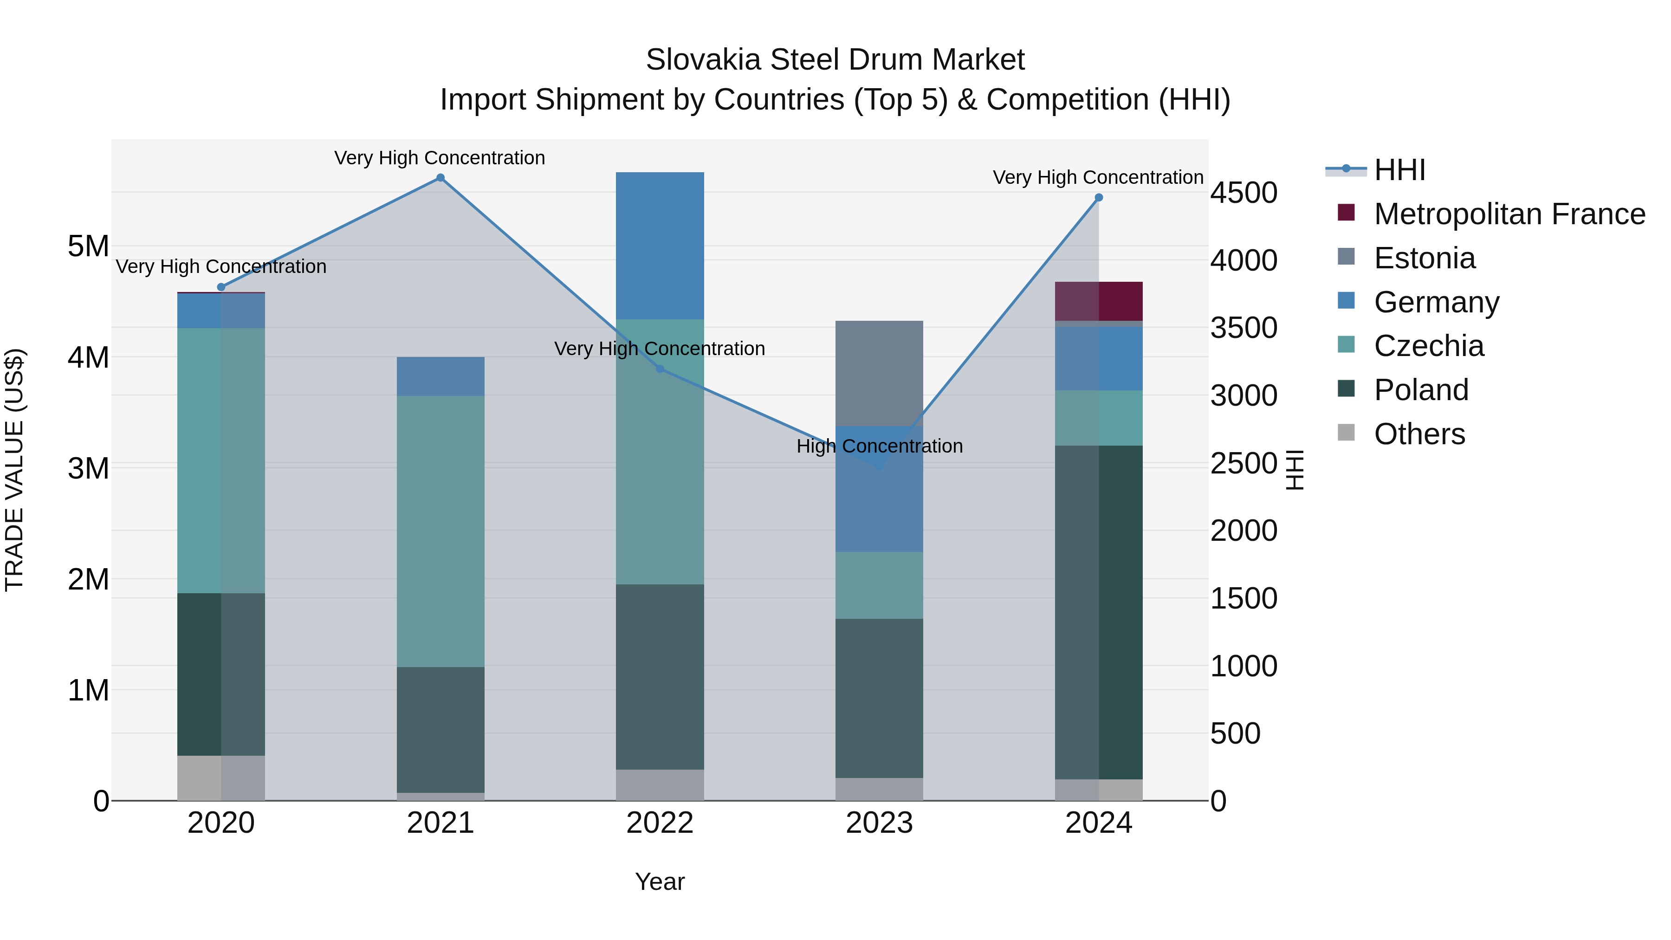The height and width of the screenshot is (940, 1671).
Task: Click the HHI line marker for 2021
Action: (x=440, y=178)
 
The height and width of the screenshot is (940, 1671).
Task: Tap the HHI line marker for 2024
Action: (x=1098, y=198)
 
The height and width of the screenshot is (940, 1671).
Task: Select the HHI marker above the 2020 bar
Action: (x=221, y=287)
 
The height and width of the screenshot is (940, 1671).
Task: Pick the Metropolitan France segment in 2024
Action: (x=1099, y=301)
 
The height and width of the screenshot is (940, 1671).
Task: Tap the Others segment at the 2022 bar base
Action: (x=660, y=784)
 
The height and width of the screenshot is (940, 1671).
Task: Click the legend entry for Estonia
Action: (x=1424, y=258)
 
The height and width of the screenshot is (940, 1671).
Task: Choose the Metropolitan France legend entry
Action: (x=1509, y=214)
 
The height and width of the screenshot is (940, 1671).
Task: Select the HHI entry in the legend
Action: (x=1399, y=170)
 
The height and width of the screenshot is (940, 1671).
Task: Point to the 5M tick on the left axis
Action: (x=88, y=246)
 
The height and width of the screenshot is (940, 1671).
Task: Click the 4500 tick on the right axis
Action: (x=1244, y=193)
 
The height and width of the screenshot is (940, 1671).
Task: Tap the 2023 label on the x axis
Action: (x=879, y=823)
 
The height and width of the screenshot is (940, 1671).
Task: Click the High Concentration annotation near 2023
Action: (x=879, y=446)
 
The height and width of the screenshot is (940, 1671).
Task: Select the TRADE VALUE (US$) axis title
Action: (x=14, y=470)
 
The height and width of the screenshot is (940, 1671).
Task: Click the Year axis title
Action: (x=660, y=882)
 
